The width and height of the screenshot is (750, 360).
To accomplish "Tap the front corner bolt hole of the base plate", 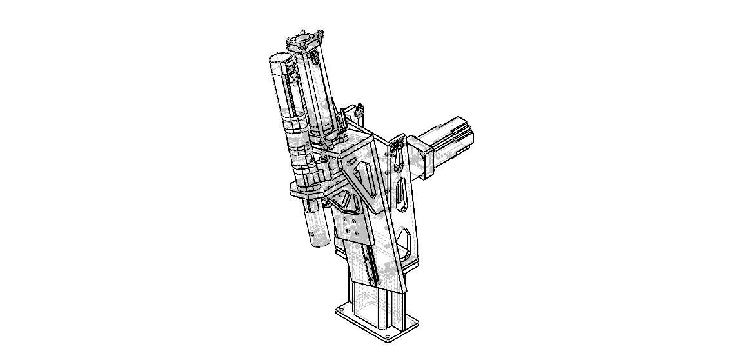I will click(387, 337).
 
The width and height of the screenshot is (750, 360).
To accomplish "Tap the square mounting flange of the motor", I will click(422, 155).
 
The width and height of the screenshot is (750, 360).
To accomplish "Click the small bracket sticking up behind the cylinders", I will click(359, 112).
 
